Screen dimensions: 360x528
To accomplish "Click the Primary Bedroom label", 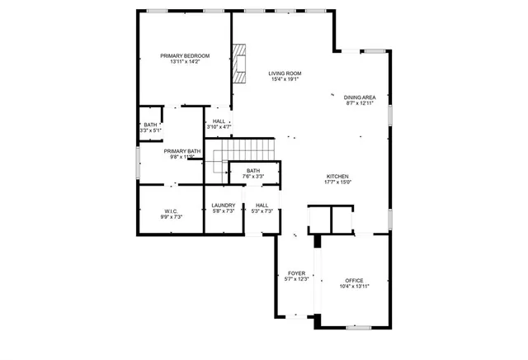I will (185, 55).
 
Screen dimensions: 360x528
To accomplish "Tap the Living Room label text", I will (284, 73).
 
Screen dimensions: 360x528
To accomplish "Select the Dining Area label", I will (360, 97).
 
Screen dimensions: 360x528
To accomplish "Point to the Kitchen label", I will (338, 177).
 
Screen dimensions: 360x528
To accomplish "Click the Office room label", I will (354, 281).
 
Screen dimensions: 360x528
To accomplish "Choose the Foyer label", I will (296, 273).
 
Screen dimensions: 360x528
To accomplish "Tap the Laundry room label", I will (224, 206).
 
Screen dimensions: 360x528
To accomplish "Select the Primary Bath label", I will (181, 151).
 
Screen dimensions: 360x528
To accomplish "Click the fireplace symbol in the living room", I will (239, 64).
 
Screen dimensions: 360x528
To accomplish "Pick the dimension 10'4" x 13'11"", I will (354, 287).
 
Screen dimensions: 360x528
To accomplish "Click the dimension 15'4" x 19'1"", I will (284, 79).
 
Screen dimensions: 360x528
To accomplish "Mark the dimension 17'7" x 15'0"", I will (338, 182).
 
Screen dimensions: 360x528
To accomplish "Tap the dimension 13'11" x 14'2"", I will (185, 61).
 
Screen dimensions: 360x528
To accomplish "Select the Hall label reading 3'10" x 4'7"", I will (219, 121).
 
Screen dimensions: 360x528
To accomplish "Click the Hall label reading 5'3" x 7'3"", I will (262, 206).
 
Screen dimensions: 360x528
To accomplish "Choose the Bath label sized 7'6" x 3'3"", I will (252, 171).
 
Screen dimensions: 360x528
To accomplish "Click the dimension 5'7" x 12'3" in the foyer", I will (296, 279).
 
